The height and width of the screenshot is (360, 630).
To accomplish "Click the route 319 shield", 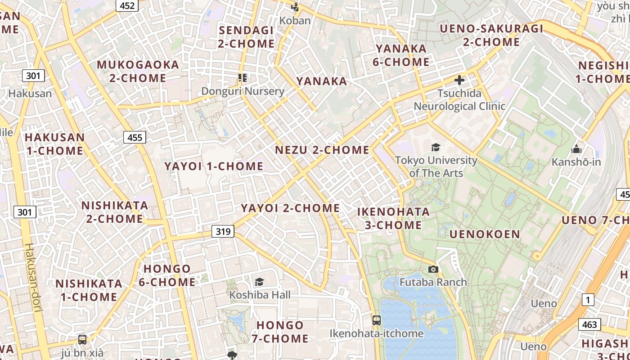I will (223, 232).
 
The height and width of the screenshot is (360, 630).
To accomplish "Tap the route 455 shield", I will (135, 137).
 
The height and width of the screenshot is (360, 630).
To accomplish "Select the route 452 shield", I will (127, 5).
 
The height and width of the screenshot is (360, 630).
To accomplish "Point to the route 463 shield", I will (589, 324).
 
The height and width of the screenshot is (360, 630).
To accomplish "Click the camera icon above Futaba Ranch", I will (433, 269).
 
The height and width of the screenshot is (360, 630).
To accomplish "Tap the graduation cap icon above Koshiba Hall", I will (259, 282).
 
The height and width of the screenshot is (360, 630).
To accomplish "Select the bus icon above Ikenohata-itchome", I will (377, 320).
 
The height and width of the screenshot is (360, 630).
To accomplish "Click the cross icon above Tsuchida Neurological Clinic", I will (459, 80).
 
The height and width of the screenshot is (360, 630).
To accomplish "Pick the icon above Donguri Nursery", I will (243, 78).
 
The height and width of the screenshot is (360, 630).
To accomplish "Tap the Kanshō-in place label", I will (576, 162).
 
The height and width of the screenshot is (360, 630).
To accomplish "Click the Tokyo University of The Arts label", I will (436, 166).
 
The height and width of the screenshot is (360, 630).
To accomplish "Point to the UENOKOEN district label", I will (485, 234).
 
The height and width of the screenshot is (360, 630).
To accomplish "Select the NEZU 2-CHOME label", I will (322, 150).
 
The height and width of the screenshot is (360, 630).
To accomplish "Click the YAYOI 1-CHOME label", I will (214, 166).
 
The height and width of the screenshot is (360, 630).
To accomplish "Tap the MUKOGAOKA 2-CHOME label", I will (138, 71).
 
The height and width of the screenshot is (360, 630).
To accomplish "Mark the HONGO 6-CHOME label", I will (167, 275).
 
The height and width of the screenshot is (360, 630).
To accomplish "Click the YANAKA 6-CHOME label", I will (401, 55).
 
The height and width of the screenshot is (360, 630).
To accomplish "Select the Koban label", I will (295, 21).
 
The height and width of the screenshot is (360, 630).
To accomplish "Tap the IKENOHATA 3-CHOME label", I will (393, 218).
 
